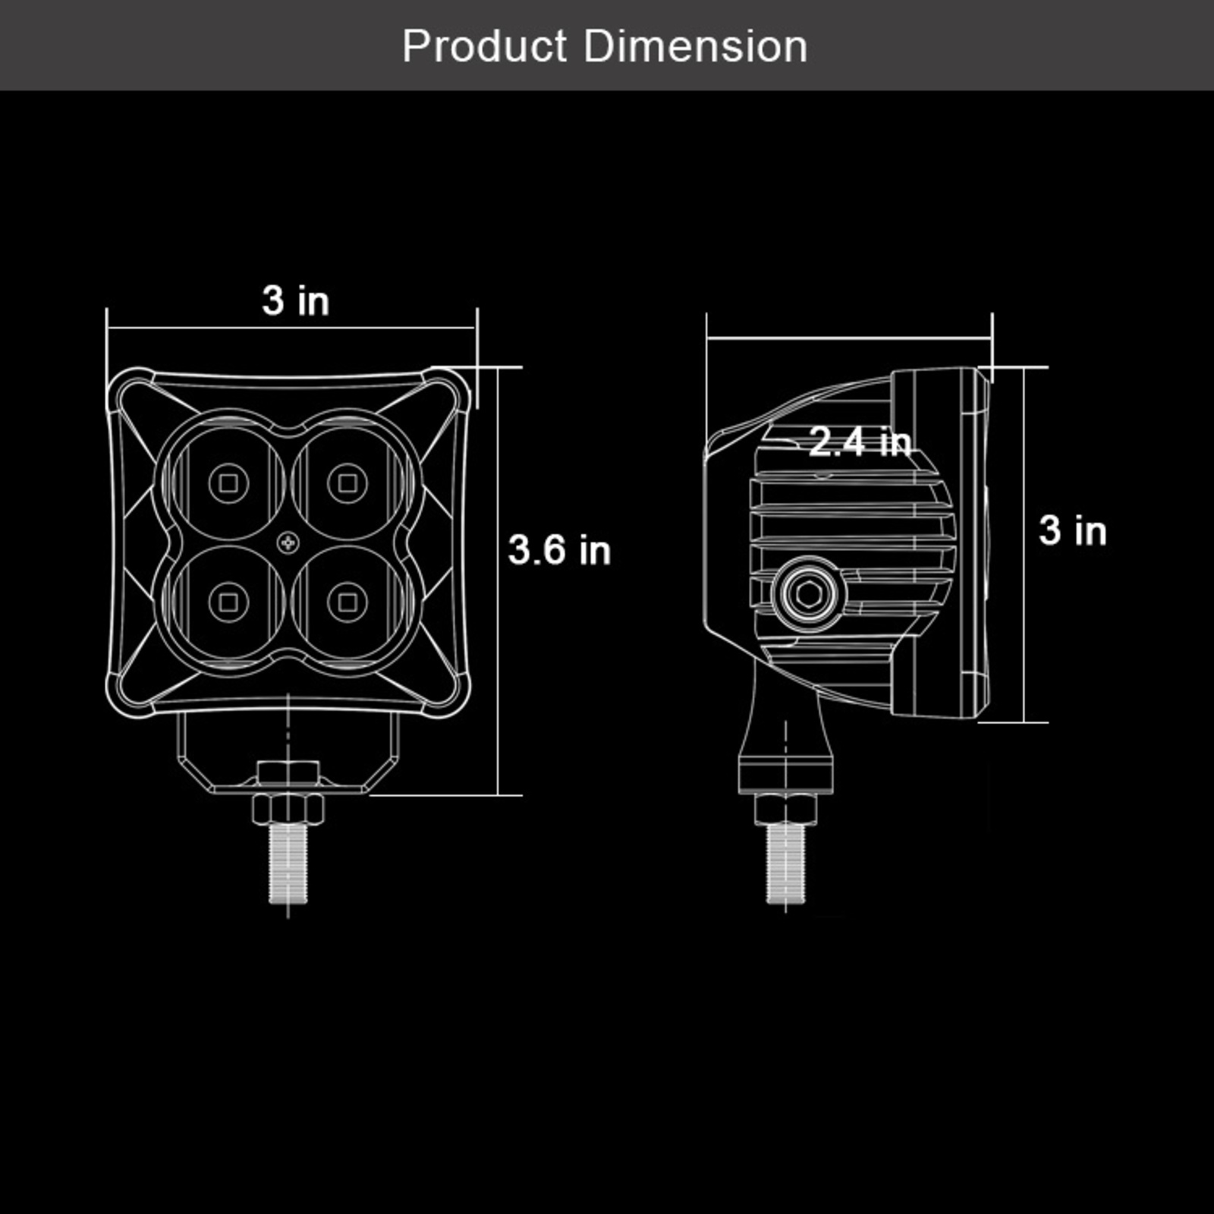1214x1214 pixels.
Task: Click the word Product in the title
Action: coord(484,46)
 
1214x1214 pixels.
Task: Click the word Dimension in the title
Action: coord(695,46)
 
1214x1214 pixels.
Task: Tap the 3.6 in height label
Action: coord(559,550)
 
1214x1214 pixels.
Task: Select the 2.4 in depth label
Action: coord(860,441)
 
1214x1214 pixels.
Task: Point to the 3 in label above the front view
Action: coord(296,300)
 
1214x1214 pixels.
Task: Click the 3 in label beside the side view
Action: coord(1073,530)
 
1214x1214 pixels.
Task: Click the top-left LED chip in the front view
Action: coord(228,482)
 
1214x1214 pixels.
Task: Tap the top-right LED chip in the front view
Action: coord(347,482)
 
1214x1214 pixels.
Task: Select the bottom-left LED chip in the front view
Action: coord(228,602)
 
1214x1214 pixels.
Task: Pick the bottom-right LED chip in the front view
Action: coord(347,602)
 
